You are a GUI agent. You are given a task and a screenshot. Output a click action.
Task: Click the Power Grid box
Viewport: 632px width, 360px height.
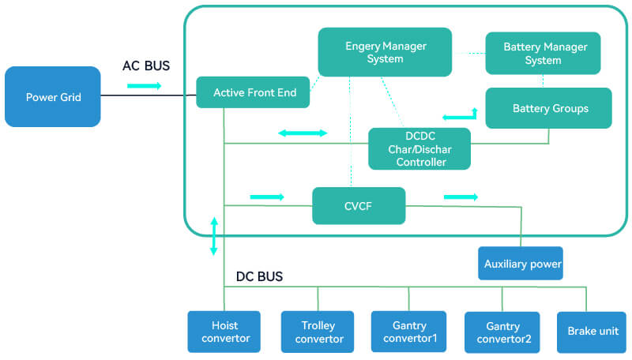(53, 97)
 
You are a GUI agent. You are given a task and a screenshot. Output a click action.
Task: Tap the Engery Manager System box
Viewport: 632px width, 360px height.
(385, 52)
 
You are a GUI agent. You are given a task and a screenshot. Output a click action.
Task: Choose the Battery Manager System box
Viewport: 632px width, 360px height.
(543, 54)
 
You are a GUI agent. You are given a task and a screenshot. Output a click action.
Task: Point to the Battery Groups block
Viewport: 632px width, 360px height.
(549, 108)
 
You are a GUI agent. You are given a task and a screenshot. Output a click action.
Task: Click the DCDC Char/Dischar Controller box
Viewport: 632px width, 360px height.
(419, 148)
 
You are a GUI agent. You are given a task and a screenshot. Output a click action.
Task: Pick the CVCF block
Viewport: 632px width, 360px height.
(359, 206)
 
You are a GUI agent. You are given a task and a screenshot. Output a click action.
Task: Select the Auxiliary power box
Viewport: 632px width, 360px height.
(521, 264)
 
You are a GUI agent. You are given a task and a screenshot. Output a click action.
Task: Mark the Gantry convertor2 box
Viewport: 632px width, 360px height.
(502, 332)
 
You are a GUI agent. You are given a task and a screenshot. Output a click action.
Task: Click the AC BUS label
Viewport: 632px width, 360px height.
(146, 66)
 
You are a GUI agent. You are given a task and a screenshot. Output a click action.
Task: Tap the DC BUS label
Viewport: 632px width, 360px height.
(259, 276)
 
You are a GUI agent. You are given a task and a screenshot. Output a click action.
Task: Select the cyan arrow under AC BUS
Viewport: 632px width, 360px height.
(144, 84)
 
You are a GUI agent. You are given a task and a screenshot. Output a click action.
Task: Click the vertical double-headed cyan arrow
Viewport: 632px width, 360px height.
(213, 235)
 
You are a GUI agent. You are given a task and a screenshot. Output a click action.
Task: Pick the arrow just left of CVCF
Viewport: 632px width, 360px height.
(266, 197)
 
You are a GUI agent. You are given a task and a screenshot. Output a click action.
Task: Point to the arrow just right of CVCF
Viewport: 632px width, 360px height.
(461, 197)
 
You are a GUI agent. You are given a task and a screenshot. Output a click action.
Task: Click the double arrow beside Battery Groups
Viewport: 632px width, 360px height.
(460, 116)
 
